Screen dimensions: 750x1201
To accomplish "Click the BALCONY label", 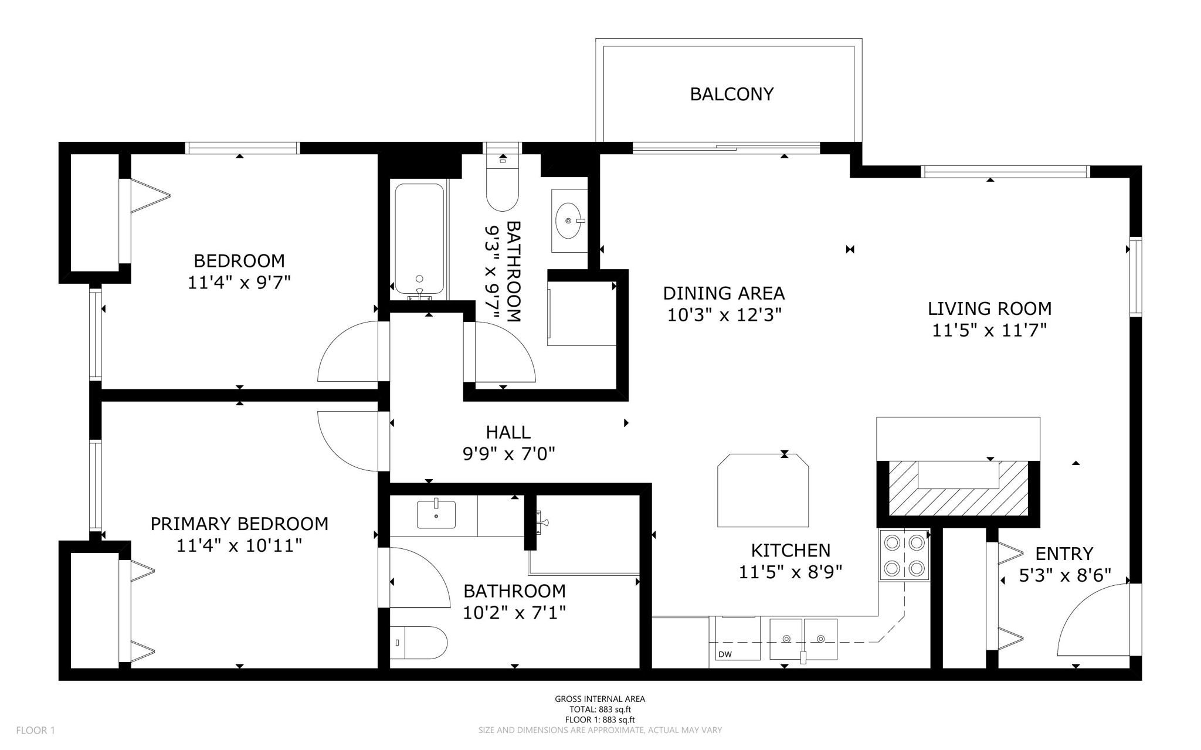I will pyautogui.click(x=731, y=94).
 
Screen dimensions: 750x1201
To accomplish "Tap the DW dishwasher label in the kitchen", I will pyautogui.click(x=725, y=654).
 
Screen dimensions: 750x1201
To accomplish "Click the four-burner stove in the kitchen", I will pyautogui.click(x=904, y=555).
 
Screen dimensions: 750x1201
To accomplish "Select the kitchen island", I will pyautogui.click(x=763, y=490).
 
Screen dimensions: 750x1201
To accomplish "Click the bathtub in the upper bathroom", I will pyautogui.click(x=419, y=238).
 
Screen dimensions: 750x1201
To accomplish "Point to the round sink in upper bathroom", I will pyautogui.click(x=569, y=220).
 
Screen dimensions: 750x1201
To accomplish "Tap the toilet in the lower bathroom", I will pyautogui.click(x=419, y=642).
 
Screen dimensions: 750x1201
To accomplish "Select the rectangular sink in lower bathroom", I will pyautogui.click(x=436, y=514).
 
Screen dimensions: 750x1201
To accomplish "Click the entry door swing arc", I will pyautogui.click(x=1091, y=622).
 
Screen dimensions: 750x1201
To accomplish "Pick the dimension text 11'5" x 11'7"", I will pyautogui.click(x=989, y=331).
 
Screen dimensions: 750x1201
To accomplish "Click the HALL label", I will pyautogui.click(x=508, y=432).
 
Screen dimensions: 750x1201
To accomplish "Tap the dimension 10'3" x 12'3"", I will pyautogui.click(x=724, y=315).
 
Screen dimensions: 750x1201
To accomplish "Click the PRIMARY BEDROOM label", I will pyautogui.click(x=239, y=524).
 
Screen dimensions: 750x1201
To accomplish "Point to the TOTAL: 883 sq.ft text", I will pyautogui.click(x=600, y=709).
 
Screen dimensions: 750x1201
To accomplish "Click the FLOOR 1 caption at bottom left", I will pyautogui.click(x=35, y=730).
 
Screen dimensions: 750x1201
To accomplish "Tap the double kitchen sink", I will pyautogui.click(x=803, y=639).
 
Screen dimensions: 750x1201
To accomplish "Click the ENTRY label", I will pyautogui.click(x=1064, y=554).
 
